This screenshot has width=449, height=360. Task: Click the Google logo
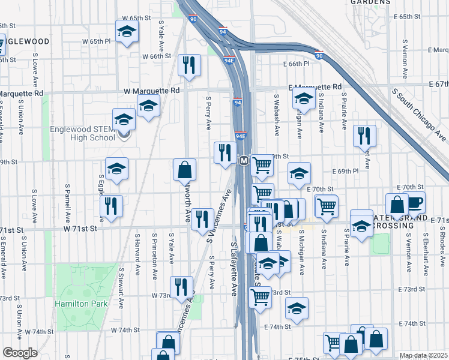point(20,353)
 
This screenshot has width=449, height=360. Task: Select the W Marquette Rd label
point(151,91)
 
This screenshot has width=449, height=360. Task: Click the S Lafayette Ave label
point(234,270)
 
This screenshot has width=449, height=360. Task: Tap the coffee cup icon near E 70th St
point(415,203)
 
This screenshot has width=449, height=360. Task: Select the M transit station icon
point(244,161)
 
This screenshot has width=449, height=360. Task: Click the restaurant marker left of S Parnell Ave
point(112,206)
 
